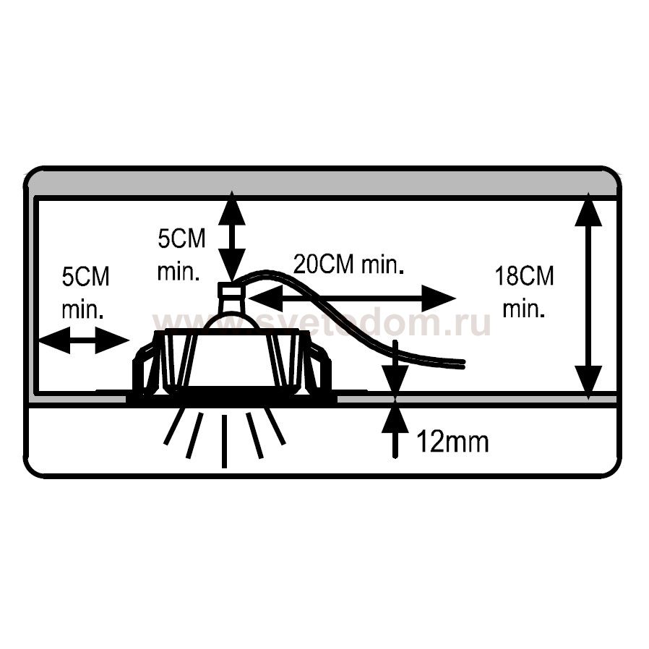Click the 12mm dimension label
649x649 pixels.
pos(452,442)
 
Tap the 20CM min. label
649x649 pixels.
pos(348,265)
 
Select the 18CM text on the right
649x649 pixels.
pos(524,276)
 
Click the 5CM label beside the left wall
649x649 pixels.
pos(86,277)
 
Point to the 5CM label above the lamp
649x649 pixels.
pos(181,238)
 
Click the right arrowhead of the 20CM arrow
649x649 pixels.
pos(439,298)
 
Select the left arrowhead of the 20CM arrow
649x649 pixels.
pos(266,298)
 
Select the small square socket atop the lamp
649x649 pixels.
pos(232,289)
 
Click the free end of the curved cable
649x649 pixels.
pos(463,364)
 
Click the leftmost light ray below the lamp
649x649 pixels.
pos(173,426)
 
